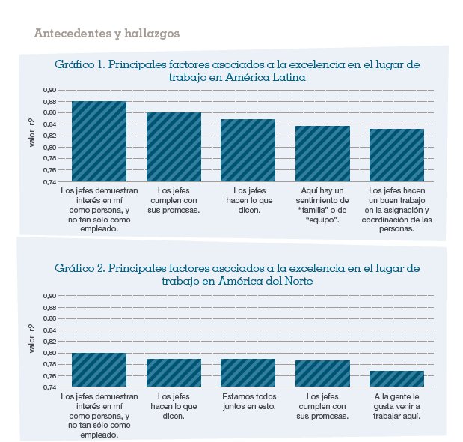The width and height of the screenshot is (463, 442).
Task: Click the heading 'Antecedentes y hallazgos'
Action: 106,34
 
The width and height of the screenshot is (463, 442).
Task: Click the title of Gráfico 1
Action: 237,71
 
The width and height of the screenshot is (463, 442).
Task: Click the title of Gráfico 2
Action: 237,274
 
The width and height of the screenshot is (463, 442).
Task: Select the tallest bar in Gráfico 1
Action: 99,142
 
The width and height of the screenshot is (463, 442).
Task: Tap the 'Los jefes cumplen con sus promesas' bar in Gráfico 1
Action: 174,148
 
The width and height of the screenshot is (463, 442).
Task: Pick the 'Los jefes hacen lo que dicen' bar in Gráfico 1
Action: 248,151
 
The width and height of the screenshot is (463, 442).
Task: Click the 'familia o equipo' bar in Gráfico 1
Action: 322,154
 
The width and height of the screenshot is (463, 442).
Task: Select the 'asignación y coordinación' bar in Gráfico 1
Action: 396,155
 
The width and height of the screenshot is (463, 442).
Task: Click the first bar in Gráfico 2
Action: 99,370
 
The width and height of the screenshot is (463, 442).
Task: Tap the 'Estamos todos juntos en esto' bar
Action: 248,373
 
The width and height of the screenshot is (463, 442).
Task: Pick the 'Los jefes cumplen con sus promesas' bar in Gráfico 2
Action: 322,374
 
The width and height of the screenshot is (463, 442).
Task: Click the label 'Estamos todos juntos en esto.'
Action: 248,401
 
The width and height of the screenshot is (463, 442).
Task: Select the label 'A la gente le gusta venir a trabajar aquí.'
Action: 396,405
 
